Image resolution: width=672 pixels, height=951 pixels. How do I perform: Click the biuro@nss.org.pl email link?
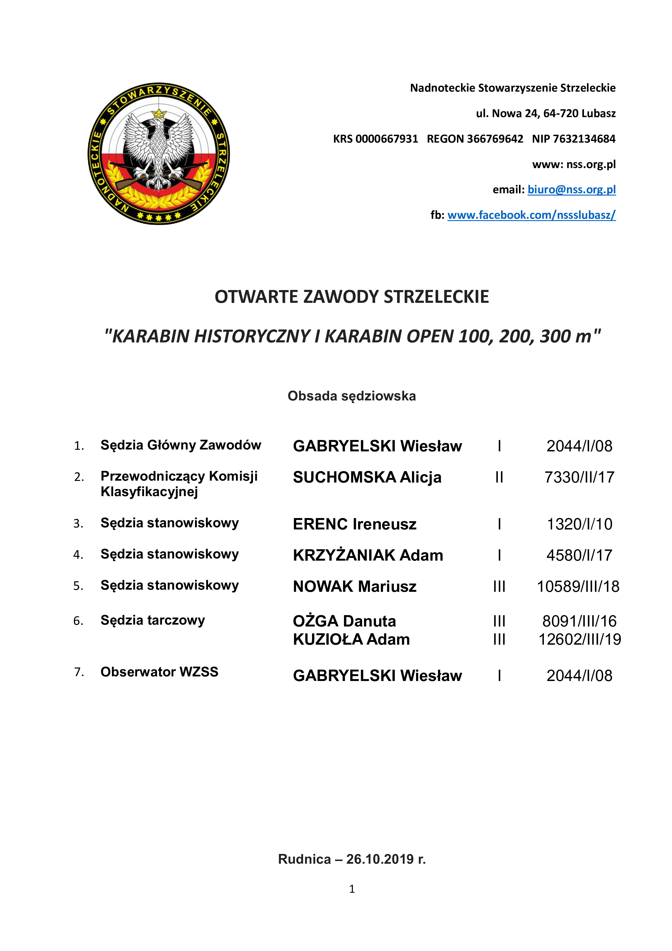pyautogui.click(x=572, y=190)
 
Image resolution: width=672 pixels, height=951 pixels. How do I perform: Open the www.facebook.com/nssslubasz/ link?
pyautogui.click(x=531, y=215)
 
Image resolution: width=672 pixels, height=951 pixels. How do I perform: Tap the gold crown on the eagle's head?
pyautogui.click(x=158, y=113)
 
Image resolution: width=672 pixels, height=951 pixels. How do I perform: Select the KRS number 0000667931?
pyautogui.click(x=387, y=139)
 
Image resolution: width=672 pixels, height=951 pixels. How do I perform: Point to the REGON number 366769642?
pyautogui.click(x=495, y=139)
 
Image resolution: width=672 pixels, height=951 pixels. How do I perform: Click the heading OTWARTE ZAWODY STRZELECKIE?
pyautogui.click(x=352, y=297)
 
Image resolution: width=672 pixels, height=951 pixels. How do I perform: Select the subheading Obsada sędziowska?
pyautogui.click(x=352, y=396)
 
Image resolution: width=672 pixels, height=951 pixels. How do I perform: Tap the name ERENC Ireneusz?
pyautogui.click(x=355, y=524)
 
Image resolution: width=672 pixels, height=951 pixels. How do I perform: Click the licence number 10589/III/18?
pyautogui.click(x=578, y=586)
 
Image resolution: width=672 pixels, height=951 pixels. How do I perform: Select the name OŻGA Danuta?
pyautogui.click(x=344, y=621)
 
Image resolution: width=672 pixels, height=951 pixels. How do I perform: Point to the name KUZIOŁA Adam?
pyautogui.click(x=351, y=640)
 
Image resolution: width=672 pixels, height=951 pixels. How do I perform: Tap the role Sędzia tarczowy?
pyautogui.click(x=153, y=621)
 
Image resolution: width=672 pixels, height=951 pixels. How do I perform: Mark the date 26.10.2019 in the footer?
pyautogui.click(x=380, y=859)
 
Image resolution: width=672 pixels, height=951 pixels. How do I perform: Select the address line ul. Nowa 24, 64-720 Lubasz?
pyautogui.click(x=546, y=114)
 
